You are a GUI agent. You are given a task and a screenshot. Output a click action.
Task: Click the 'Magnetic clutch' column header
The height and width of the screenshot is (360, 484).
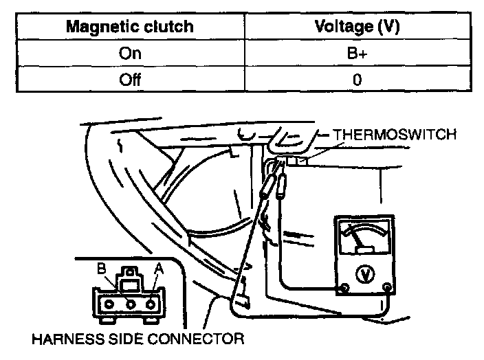tap(130, 28)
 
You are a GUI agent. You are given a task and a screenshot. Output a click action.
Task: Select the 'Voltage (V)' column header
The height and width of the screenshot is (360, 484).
tap(357, 28)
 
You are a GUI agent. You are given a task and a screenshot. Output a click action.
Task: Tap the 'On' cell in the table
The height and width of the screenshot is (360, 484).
tap(130, 54)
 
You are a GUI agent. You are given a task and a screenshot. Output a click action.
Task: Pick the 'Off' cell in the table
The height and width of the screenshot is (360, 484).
tap(130, 79)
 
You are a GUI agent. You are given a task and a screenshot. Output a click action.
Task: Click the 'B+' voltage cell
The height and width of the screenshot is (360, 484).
tap(357, 54)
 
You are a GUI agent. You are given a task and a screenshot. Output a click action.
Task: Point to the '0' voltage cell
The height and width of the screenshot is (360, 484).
tap(357, 79)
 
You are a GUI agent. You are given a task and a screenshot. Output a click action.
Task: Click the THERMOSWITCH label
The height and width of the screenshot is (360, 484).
tap(394, 135)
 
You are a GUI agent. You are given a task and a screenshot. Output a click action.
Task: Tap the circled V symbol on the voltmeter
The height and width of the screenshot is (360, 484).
tap(364, 273)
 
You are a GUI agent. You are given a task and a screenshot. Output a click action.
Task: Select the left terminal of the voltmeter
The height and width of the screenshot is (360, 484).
tap(342, 288)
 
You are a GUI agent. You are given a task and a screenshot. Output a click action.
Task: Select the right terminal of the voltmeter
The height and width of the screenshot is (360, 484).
tap(388, 287)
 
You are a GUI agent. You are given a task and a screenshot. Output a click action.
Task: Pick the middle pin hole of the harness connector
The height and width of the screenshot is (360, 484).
tap(129, 302)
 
